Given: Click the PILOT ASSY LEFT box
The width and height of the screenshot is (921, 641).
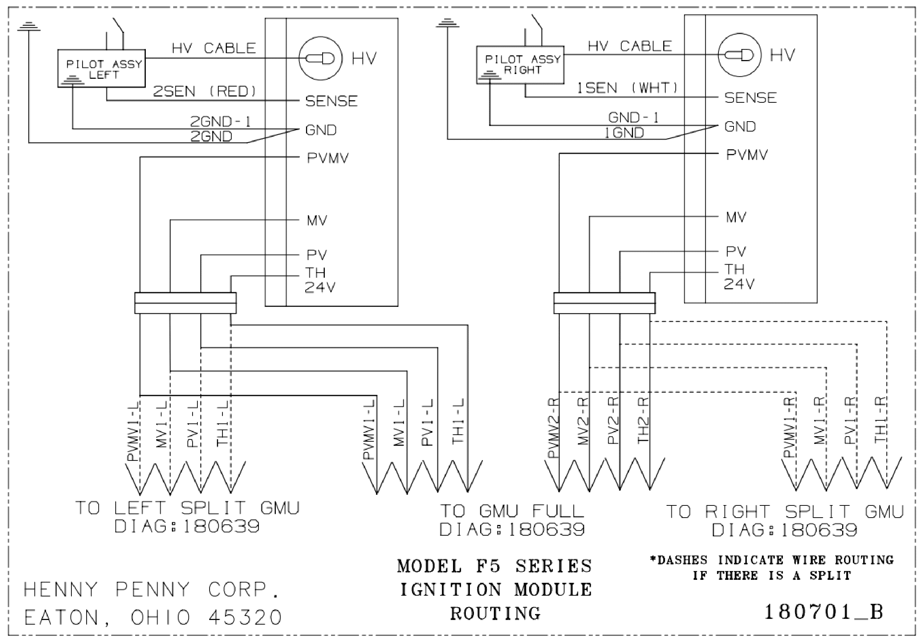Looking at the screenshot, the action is pos(102,50).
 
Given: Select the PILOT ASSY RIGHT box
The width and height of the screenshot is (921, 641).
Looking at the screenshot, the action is pos(520,46).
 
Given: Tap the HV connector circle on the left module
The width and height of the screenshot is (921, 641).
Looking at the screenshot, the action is pos(320,58).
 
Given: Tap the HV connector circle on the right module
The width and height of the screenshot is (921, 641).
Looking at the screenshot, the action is pos(739,55).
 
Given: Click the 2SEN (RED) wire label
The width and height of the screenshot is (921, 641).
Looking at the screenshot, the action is pos(205,91).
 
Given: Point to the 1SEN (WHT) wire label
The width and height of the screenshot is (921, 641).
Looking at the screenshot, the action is pos(627,88).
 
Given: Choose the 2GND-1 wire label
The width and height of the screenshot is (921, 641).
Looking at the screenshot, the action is pos(221,122).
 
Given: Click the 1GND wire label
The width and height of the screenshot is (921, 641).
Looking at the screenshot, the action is pos(624,133).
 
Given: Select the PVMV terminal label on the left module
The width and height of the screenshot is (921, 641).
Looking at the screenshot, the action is pos(328,158).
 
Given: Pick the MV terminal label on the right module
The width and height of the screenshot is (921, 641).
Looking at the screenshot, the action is pos(736,217).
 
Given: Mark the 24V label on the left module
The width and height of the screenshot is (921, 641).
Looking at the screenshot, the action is pos(320,287).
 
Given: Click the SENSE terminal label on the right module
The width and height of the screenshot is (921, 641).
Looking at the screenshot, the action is pos(750,98).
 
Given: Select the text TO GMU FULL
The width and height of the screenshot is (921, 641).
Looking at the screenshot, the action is pos(512,511).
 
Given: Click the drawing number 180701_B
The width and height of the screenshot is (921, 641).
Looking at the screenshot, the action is pos(824,612).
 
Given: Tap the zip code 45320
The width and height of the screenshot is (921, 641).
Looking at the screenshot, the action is pos(245,618).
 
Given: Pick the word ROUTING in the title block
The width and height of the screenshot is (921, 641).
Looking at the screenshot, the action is pos(496,613).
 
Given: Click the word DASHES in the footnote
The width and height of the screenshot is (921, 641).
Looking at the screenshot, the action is pos(682,560).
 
